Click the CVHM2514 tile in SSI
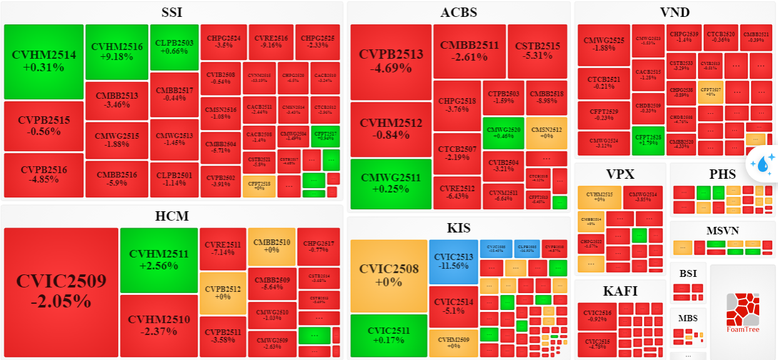click(44, 61)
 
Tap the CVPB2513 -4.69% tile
click(391, 61)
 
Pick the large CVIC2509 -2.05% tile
click(61, 291)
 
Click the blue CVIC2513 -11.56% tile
click(453, 261)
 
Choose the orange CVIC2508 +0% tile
click(388, 276)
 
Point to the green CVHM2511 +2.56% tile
click(159, 259)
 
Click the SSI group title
click(172, 12)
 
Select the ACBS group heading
click(458, 12)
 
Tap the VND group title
click(675, 12)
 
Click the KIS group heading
click(459, 227)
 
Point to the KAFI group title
click(620, 291)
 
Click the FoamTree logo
click(743, 313)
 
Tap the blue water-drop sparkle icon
click(762, 164)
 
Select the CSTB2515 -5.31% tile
click(537, 51)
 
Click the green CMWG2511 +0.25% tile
click(391, 184)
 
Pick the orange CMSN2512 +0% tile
click(546, 132)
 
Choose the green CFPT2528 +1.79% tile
click(648, 140)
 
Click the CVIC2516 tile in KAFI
click(597, 316)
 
